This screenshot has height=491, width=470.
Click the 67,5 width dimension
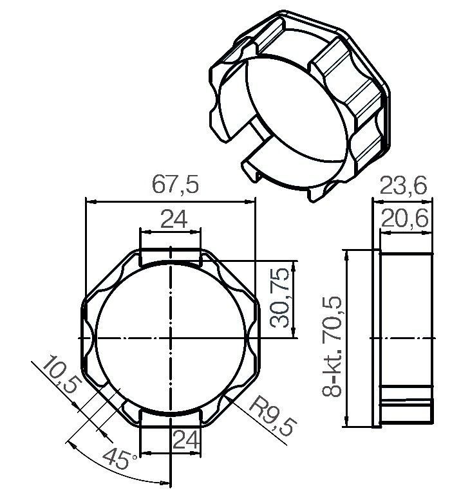(175, 185)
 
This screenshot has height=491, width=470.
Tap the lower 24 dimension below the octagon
(186, 440)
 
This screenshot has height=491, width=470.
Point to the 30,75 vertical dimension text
(280, 297)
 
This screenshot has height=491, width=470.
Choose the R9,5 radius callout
(272, 416)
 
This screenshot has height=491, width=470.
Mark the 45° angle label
(119, 459)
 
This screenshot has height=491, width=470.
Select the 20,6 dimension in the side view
(404, 218)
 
